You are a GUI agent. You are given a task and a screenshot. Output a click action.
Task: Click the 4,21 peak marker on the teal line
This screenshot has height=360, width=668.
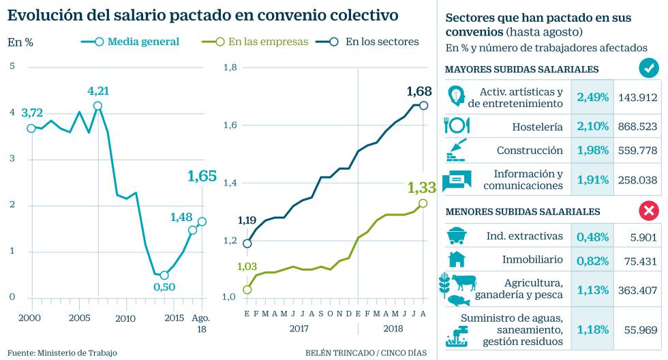click(97, 106)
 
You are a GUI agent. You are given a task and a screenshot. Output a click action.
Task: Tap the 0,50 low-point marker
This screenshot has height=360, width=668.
click(164, 275)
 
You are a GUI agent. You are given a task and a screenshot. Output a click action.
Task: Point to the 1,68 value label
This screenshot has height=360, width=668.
click(419, 91)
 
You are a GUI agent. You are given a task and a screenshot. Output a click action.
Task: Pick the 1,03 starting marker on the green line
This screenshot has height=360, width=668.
click(247, 290)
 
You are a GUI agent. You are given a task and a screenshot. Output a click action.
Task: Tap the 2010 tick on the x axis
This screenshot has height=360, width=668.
click(125, 318)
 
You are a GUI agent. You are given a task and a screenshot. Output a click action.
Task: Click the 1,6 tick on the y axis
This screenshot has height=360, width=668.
click(230, 125)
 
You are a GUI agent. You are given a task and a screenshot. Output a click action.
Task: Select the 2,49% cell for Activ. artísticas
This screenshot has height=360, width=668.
click(592, 97)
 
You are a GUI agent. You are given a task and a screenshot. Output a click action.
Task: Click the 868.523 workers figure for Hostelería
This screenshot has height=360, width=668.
click(637, 126)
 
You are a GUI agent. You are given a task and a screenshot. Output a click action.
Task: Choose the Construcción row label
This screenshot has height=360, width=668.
click(530, 150)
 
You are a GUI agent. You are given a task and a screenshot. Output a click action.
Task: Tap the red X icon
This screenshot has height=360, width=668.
click(648, 211)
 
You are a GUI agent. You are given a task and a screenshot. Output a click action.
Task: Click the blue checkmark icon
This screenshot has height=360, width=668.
click(648, 68)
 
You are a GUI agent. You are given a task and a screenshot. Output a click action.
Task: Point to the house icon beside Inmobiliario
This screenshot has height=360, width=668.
click(456, 259)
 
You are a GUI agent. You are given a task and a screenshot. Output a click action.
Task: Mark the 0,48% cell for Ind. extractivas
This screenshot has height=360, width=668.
click(592, 236)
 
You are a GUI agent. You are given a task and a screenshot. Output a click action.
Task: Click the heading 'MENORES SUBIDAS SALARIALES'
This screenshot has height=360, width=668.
click(522, 211)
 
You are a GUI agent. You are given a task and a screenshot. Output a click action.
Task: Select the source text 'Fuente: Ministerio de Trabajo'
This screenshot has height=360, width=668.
click(63, 352)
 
